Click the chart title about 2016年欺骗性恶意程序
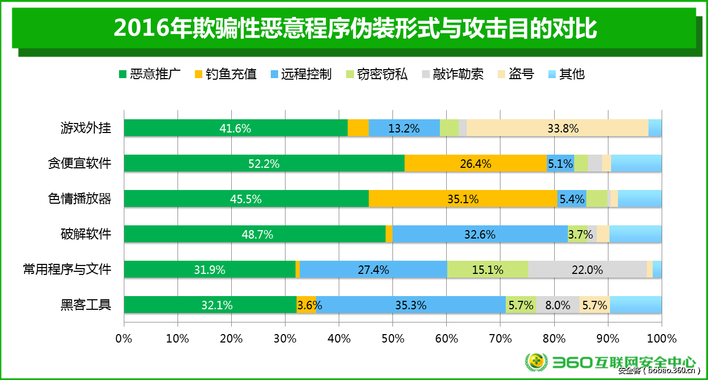pyautogui.click(x=354, y=28)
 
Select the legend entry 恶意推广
pyautogui.click(x=150, y=74)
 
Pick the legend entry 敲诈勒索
pyautogui.click(x=452, y=74)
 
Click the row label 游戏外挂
pyautogui.click(x=85, y=128)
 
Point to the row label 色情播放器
pyautogui.click(x=79, y=199)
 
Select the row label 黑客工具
pyautogui.click(x=85, y=305)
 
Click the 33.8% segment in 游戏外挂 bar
pyautogui.click(x=557, y=128)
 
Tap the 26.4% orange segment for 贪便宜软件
pyautogui.click(x=476, y=164)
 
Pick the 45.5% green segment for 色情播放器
pyautogui.click(x=246, y=199)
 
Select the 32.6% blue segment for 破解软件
pyautogui.click(x=480, y=234)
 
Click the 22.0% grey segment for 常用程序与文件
pyautogui.click(x=587, y=270)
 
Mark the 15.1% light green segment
pyautogui.click(x=488, y=270)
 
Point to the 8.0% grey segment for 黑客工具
pyautogui.click(x=557, y=305)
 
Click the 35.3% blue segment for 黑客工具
pyautogui.click(x=411, y=305)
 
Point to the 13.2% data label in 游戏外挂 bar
pyautogui.click(x=404, y=128)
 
